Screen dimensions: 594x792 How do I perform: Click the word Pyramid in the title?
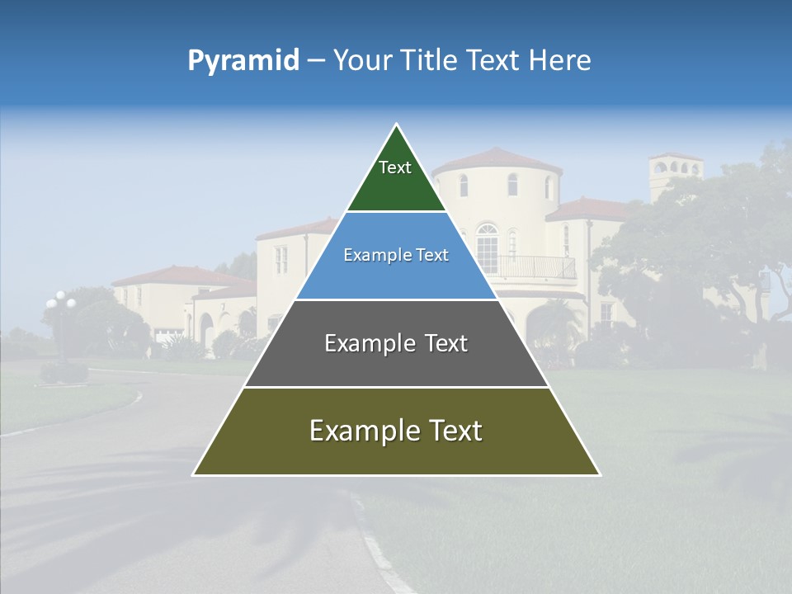(x=243, y=61)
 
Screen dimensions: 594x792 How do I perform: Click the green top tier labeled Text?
(x=395, y=177)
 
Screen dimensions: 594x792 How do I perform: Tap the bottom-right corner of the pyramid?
(x=599, y=474)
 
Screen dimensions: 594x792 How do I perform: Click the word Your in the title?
(x=361, y=61)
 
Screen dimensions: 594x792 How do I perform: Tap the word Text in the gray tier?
(x=441, y=343)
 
